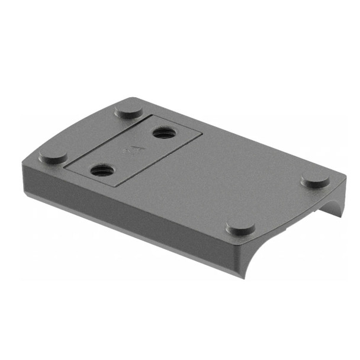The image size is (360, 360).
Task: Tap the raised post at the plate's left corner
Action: [x=53, y=156]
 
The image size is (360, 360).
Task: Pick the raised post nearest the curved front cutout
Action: [x=240, y=227]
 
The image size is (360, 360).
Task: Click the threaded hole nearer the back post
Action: [x=162, y=133]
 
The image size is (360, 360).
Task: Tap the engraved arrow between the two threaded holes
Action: [x=134, y=149]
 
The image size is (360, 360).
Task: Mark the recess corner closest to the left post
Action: [x=65, y=165]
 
